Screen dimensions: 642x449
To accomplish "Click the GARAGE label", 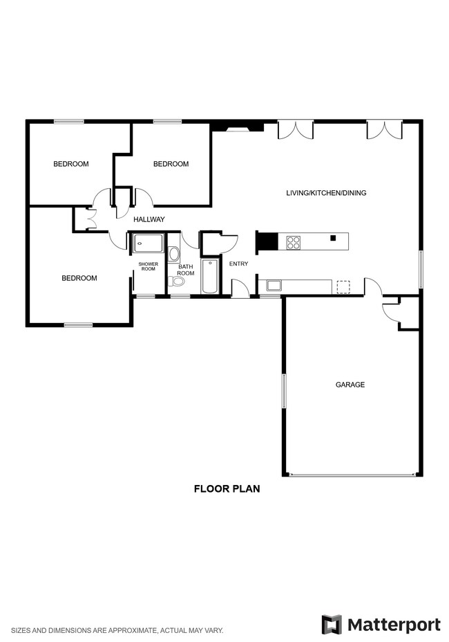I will (350, 385).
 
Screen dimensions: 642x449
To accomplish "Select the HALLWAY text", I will (149, 220).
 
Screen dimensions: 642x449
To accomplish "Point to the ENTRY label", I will (238, 264).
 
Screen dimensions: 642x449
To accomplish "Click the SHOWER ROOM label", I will (148, 267).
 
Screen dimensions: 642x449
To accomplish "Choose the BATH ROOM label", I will (186, 270).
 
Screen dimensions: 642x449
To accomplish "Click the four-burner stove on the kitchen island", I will (294, 242).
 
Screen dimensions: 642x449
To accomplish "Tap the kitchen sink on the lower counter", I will (274, 285).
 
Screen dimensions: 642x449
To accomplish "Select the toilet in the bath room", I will (178, 281).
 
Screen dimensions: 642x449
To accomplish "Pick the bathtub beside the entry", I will (210, 277).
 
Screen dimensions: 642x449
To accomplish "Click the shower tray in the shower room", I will (148, 243).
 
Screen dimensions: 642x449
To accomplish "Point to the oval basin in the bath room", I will (174, 254).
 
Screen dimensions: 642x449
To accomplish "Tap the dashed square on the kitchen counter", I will (343, 286).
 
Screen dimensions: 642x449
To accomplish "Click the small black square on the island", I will (332, 238).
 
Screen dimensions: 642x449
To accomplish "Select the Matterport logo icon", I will (332, 625).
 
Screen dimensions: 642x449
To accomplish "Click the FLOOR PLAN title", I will (226, 489).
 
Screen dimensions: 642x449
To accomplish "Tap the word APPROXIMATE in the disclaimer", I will (135, 630).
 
